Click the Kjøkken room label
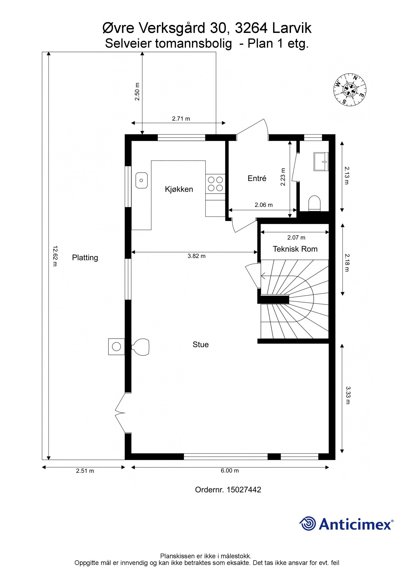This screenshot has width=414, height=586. (179, 189)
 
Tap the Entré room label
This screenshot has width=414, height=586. (257, 178)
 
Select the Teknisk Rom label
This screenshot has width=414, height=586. (295, 249)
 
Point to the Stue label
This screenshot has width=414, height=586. (201, 344)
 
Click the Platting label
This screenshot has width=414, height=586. (85, 258)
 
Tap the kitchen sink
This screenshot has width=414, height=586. (142, 180)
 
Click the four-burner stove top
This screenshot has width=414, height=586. (215, 184)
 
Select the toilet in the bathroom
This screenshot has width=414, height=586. (315, 203)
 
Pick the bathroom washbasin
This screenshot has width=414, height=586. (321, 162)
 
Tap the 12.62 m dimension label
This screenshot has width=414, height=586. (55, 256)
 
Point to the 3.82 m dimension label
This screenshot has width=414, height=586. (196, 256)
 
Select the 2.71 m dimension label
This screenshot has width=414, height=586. (181, 119)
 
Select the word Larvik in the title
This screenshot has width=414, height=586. (292, 28)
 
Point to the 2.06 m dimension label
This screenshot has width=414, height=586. (263, 205)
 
